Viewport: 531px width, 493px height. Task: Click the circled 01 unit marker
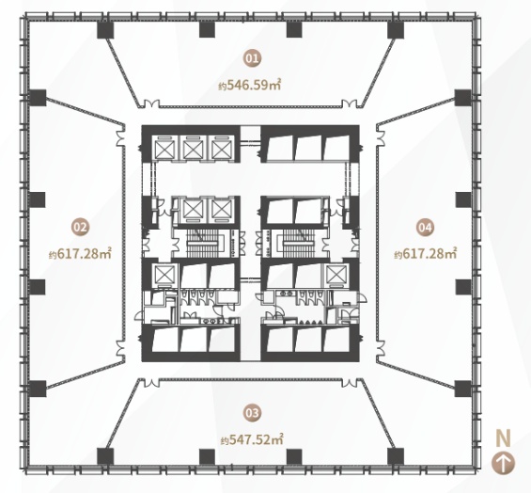[x=253, y=58]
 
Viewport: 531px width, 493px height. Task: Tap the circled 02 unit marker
[x=80, y=227]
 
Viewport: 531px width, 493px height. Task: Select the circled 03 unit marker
[x=253, y=413]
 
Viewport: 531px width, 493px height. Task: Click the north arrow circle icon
[x=504, y=463]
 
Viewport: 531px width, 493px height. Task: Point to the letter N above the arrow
[x=503, y=438]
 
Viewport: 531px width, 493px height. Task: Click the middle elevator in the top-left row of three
[x=194, y=148]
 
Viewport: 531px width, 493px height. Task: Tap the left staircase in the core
[x=203, y=243]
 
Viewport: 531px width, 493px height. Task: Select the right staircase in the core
[x=300, y=243]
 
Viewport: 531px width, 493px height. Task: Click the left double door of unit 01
[x=150, y=103]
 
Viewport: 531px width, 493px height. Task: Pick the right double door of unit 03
[x=350, y=383]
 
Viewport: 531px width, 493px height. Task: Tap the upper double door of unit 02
[x=120, y=138]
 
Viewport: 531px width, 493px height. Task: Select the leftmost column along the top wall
[x=105, y=29]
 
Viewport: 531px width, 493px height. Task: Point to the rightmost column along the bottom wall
[x=396, y=456]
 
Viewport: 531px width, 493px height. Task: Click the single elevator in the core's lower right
[x=336, y=274]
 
